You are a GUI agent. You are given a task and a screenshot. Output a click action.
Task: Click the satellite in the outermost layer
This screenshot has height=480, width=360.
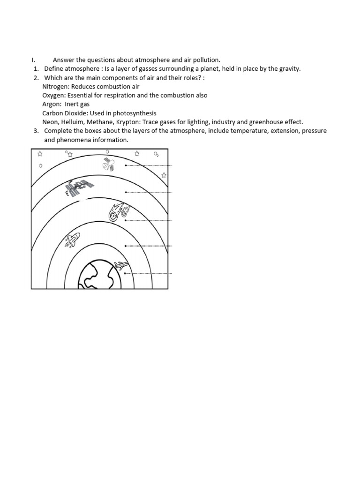coord(108,164)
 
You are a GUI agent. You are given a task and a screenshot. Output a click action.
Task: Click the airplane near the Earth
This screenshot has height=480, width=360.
coord(121,266)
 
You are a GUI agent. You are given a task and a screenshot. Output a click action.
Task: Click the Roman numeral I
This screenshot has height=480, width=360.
coord(32,60)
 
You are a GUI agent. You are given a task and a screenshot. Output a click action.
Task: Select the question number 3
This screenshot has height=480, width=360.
coord(36,131)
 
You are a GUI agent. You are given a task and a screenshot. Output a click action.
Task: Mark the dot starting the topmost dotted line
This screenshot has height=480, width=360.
coord(126,165)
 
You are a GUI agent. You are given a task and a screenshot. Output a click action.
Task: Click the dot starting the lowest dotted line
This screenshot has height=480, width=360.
coord(126,273)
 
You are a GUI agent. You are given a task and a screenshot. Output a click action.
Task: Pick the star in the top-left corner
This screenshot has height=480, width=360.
coord(40,154)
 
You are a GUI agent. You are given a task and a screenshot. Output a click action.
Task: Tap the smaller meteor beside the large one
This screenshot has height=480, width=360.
coord(125,212)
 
